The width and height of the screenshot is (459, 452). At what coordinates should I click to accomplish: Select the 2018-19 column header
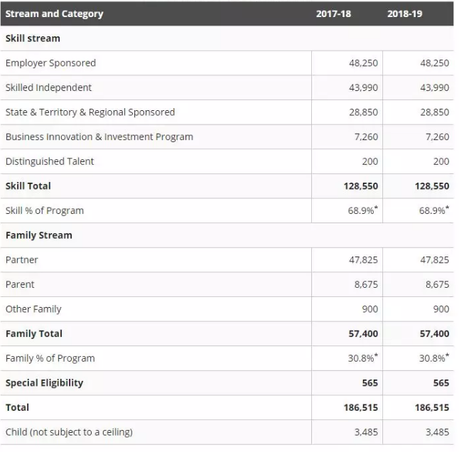pos(404,14)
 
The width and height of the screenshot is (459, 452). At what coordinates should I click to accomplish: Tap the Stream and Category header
pos(54,14)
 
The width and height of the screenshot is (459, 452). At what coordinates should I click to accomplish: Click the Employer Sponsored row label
pos(50,63)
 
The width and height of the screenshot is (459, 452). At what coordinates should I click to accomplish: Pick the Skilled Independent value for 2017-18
pos(363,87)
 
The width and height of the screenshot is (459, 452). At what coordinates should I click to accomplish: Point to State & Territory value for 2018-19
pos(434,112)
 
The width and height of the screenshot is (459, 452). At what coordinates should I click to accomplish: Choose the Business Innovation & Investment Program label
pos(99,136)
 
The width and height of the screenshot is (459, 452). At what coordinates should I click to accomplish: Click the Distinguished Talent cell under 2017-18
pos(369,161)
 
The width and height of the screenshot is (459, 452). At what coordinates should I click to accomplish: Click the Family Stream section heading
pos(38,235)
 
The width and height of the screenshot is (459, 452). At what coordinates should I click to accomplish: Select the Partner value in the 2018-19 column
pos(434,260)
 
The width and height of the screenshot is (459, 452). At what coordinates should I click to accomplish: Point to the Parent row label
pos(20,284)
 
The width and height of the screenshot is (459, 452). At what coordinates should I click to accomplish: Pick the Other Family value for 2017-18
pos(369,309)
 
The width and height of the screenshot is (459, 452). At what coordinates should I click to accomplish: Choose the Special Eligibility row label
pos(44,383)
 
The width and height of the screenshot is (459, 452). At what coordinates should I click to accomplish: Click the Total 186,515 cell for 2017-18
pos(360,408)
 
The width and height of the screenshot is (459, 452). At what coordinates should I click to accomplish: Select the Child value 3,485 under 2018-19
pos(436,432)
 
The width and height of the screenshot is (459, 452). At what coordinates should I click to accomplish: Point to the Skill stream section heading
pos(33,38)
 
